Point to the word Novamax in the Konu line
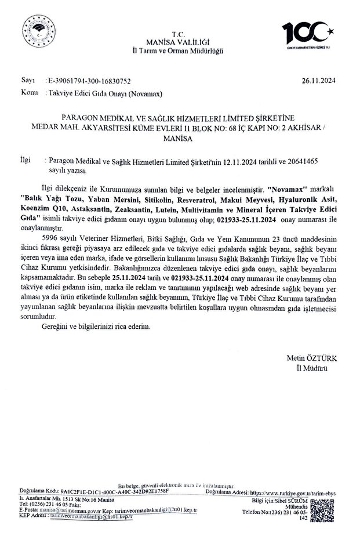(x=157, y=92)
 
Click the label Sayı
(x=28, y=82)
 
